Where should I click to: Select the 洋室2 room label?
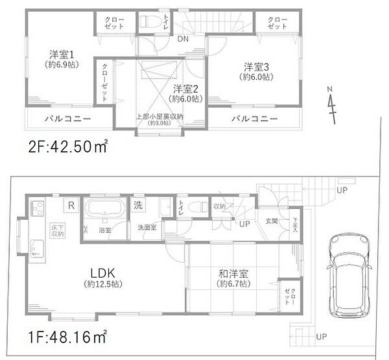(x=183, y=88)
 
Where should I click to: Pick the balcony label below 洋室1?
(x=67, y=119)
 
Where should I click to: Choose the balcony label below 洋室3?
(x=255, y=119)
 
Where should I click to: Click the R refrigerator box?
(x=69, y=204)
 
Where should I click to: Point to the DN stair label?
(x=184, y=39)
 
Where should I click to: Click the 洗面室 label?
(x=147, y=228)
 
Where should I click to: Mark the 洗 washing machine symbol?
(x=139, y=204)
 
